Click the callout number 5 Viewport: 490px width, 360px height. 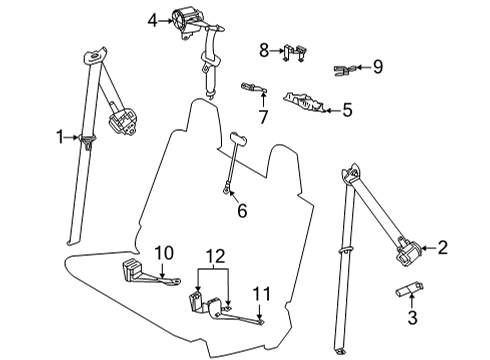[347, 111]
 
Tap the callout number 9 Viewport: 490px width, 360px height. [377, 68]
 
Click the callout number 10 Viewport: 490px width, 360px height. [164, 252]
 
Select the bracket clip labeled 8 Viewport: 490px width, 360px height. [292, 52]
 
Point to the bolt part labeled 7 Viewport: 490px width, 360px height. [252, 89]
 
